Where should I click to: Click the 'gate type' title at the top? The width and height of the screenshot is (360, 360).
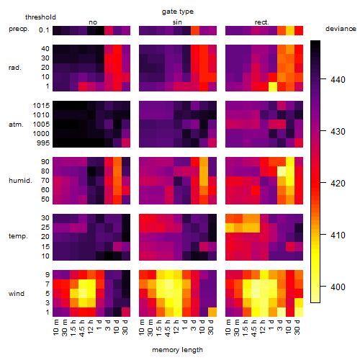pyautogui.click(x=178, y=12)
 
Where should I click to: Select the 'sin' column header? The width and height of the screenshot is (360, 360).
pyautogui.click(x=177, y=22)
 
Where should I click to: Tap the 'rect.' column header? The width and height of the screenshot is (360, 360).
pyautogui.click(x=261, y=22)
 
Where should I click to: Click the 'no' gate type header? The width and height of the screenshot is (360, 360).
pyautogui.click(x=93, y=22)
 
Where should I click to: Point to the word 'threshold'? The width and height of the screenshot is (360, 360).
pyautogui.click(x=40, y=17)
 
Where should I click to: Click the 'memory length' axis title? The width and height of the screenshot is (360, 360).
pyautogui.click(x=177, y=350)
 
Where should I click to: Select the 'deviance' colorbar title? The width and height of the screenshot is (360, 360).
pyautogui.click(x=341, y=29)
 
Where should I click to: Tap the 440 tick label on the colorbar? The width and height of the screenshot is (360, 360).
pyautogui.click(x=338, y=80)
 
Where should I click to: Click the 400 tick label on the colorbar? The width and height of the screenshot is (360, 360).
pyautogui.click(x=338, y=287)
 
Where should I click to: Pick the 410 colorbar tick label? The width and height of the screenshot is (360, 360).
pyautogui.click(x=338, y=235)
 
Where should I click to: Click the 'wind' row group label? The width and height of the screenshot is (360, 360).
pyautogui.click(x=17, y=294)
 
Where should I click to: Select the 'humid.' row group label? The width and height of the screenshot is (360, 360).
pyautogui.click(x=20, y=181)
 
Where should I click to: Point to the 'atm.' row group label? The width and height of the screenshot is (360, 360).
pyautogui.click(x=16, y=125)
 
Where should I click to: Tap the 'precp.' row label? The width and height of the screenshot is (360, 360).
pyautogui.click(x=19, y=29)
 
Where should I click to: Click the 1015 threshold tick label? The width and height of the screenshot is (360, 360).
pyautogui.click(x=41, y=106)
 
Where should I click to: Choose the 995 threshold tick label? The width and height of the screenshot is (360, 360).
pyautogui.click(x=43, y=143)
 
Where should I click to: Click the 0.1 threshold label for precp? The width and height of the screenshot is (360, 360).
pyautogui.click(x=44, y=30)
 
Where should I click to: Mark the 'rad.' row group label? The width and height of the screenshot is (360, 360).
pyautogui.click(x=14, y=68)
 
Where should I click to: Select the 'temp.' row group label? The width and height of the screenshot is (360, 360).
pyautogui.click(x=18, y=236)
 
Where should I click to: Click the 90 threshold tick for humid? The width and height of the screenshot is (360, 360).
pyautogui.click(x=45, y=162)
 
